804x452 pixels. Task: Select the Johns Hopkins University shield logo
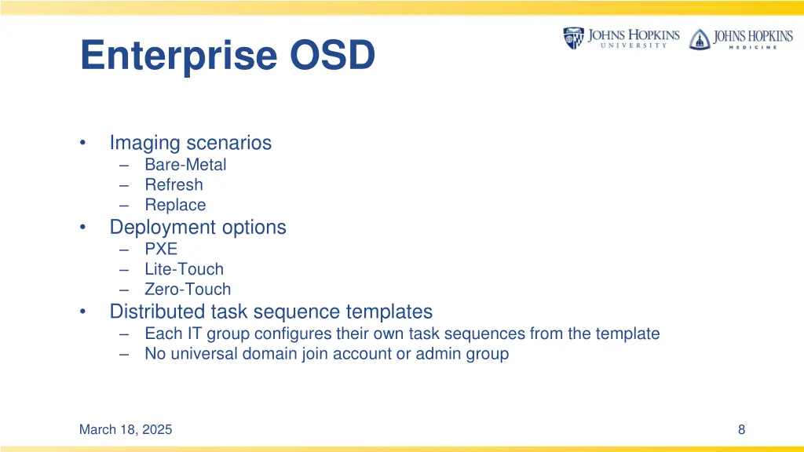tap(573, 38)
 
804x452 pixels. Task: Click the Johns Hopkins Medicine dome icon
tap(699, 38)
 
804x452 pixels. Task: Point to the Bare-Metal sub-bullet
tap(185, 165)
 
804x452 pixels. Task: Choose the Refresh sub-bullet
tap(174, 185)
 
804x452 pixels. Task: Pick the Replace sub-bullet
tap(175, 206)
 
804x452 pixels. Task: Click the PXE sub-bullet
tap(161, 249)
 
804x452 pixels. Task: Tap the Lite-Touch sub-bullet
tap(184, 269)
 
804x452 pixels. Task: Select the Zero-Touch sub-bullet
tap(188, 290)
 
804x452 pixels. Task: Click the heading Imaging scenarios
tap(190, 143)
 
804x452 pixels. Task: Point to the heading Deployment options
tap(198, 228)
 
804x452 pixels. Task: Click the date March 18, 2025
tap(126, 429)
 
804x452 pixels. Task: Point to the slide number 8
tap(741, 429)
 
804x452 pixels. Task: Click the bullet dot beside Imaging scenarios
tap(83, 144)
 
